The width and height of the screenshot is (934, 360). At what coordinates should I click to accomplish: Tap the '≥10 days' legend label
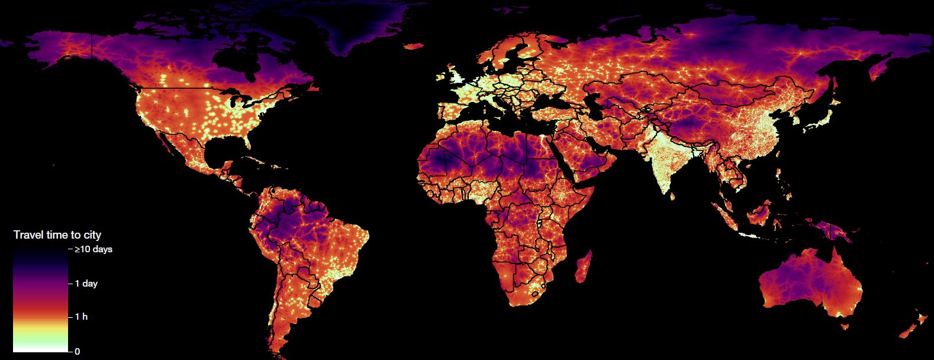click(x=94, y=249)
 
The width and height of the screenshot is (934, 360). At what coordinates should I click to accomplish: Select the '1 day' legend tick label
click(x=86, y=284)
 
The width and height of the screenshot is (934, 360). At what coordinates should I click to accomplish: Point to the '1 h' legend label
click(x=81, y=317)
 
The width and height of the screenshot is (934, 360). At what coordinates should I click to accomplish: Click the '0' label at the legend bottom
click(x=77, y=351)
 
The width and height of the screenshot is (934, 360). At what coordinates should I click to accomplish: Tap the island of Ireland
click(x=440, y=78)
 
